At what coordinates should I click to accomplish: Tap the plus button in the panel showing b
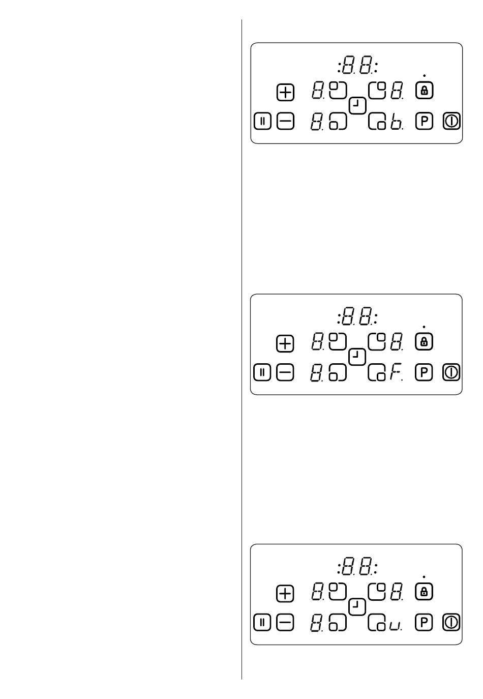[x=285, y=93]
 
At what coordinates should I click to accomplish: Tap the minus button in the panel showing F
[x=285, y=373]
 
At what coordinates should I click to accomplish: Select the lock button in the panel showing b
[x=424, y=91]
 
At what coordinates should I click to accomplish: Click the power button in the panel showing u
[x=451, y=622]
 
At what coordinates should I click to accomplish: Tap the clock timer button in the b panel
[x=358, y=106]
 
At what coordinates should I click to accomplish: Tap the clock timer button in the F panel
[x=358, y=357]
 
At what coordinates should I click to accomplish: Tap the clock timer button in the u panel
[x=358, y=607]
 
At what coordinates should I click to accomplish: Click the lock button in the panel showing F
[x=424, y=342]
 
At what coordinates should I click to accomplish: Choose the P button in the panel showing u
[x=424, y=622]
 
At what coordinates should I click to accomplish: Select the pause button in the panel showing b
[x=262, y=121]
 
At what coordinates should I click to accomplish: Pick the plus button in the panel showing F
[x=285, y=344]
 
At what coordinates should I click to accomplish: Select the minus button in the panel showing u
[x=285, y=622]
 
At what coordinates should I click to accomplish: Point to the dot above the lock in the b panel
[x=424, y=75]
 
